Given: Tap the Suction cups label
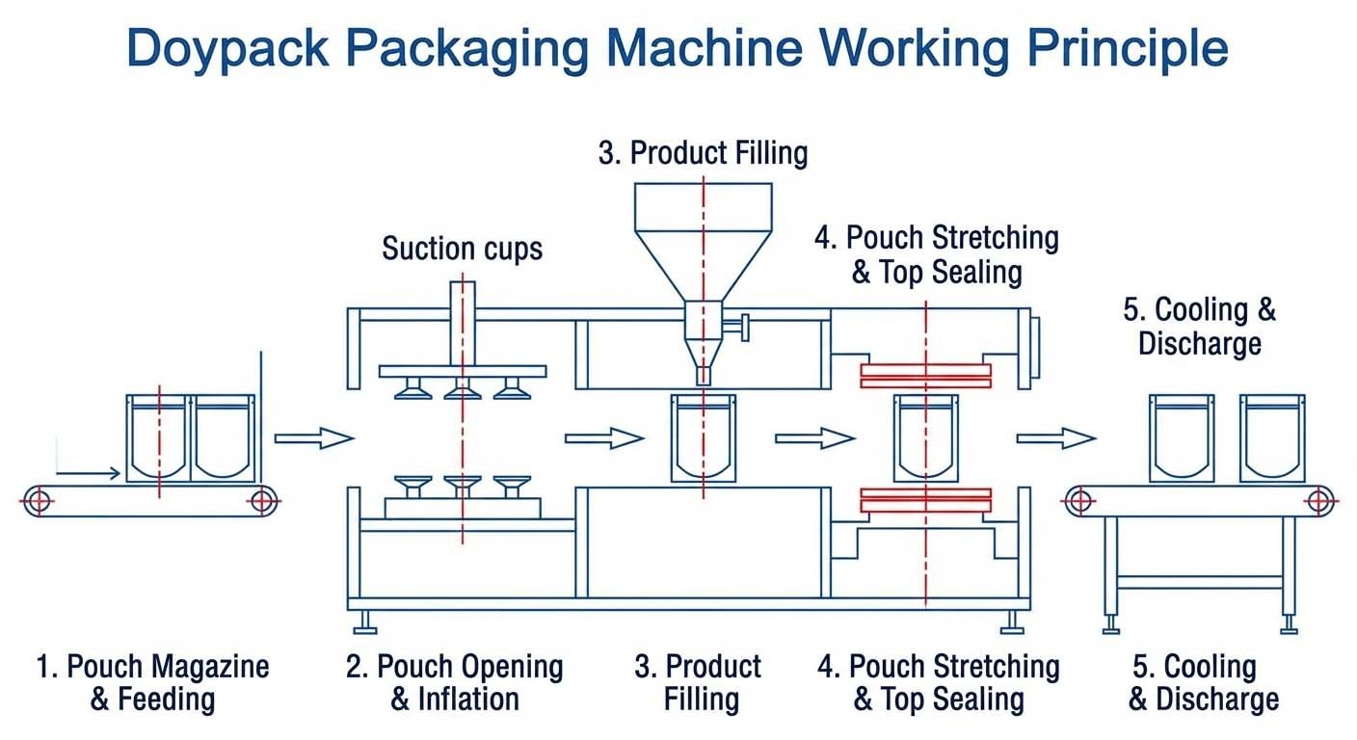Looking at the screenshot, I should point(462,249).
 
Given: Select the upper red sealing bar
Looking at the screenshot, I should point(925,376).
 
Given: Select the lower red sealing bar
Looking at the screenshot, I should point(925,499).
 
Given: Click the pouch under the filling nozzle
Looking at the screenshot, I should point(703,437).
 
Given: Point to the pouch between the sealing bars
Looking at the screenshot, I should point(925,437).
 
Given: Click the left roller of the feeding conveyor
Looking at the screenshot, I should point(38,500).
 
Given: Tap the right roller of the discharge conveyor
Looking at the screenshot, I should point(1319,500).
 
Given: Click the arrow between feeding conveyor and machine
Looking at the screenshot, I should point(314,438).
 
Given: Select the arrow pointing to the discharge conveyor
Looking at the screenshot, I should point(1056,438).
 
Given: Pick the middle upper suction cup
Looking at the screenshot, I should point(462,388).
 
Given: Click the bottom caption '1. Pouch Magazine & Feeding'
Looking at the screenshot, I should point(152,682).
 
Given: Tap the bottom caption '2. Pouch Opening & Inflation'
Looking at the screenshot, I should point(454,682).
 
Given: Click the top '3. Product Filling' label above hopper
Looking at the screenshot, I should point(703,153).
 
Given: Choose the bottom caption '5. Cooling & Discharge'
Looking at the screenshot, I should point(1205,682).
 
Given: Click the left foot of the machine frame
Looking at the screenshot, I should point(365,626).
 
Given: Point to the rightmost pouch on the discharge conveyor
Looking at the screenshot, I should point(1272,437).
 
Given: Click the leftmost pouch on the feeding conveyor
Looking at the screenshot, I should point(158,437).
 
